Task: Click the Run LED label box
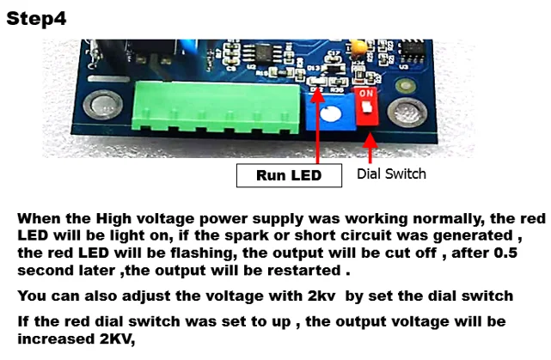tap(289, 175)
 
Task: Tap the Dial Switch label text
tap(391, 174)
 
